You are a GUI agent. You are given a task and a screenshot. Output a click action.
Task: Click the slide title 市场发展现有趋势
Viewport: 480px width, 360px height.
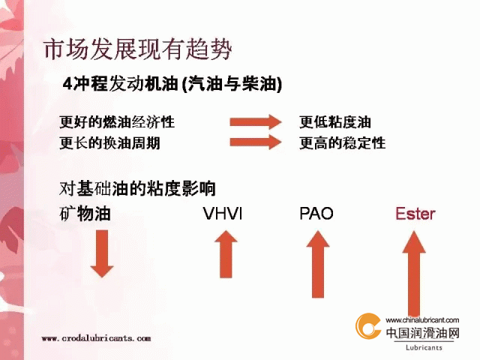coord(138,49)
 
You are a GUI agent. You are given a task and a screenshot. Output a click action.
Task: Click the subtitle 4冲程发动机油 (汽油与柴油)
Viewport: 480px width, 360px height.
coord(172,83)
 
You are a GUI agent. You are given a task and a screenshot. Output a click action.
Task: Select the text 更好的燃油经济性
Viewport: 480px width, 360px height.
coord(117,121)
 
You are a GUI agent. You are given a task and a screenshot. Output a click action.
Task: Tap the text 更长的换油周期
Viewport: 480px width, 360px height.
coord(110,142)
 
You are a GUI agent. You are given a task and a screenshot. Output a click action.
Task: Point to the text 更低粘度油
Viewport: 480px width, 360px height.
coord(335,121)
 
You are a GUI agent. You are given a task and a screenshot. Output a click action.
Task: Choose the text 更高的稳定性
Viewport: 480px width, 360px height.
coord(342,142)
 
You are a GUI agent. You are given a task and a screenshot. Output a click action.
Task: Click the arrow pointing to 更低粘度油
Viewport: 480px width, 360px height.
coord(256,121)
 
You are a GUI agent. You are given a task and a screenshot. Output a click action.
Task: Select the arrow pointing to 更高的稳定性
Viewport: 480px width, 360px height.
coord(256,142)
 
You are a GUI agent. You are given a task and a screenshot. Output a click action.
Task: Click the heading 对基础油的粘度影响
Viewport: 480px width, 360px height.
coord(137,188)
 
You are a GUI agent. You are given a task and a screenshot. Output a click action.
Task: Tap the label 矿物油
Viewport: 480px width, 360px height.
coord(85,213)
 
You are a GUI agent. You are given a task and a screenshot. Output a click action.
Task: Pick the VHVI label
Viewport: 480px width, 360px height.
coord(223,213)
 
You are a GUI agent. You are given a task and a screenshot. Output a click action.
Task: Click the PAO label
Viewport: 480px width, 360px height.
coord(316,213)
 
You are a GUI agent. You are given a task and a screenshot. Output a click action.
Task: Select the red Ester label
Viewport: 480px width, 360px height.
coord(415,213)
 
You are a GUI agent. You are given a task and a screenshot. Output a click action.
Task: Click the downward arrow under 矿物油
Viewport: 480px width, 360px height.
coord(102,253)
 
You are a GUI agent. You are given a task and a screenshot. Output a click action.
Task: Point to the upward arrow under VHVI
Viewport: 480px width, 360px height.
coord(226,254)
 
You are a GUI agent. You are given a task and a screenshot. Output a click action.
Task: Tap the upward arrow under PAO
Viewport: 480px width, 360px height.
coord(318,264)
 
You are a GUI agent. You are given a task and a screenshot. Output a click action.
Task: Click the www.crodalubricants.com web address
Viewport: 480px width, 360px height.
coord(96,338)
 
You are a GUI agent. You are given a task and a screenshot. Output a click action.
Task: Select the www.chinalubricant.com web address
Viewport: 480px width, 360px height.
coord(422,320)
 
